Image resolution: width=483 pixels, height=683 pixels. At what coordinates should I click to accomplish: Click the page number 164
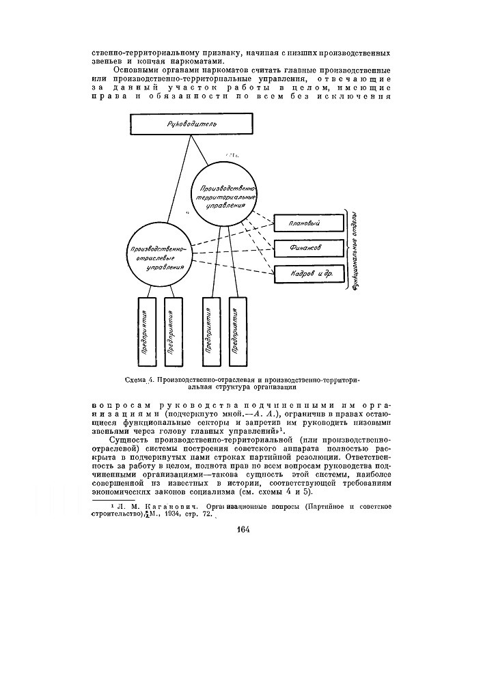click(245, 531)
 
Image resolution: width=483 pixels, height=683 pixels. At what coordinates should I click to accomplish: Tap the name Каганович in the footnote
click(154, 505)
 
